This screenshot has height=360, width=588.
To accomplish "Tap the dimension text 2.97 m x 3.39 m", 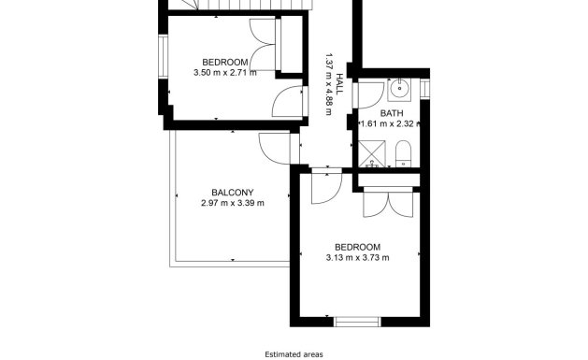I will pyautogui.click(x=232, y=203).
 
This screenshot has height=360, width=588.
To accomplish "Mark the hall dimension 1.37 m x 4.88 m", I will pyautogui.click(x=329, y=82).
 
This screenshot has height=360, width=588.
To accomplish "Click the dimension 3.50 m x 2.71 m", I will pyautogui.click(x=224, y=73).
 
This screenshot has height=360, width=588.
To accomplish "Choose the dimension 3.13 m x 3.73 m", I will pyautogui.click(x=357, y=258).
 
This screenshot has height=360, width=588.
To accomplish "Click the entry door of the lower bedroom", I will pyautogui.click(x=323, y=187).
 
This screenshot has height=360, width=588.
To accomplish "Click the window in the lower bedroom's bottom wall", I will pyautogui.click(x=357, y=323).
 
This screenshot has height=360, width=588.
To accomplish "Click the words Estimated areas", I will pyautogui.click(x=293, y=354).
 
